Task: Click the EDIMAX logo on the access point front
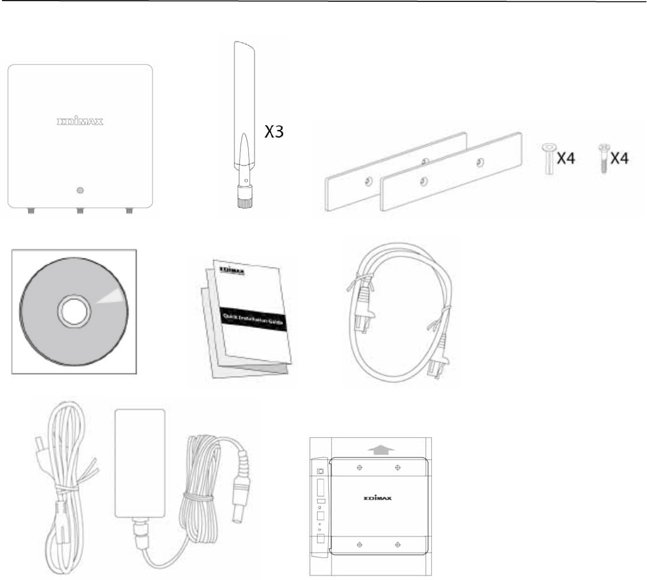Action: (x=80, y=121)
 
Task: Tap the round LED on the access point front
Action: (x=80, y=190)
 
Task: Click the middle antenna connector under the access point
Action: (x=80, y=210)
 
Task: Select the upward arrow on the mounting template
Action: (x=380, y=448)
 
